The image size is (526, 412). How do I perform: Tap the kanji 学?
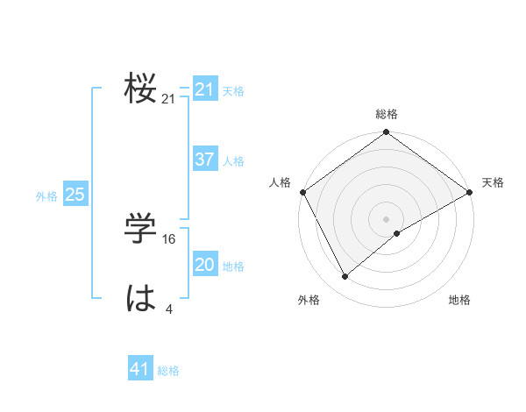[140, 230]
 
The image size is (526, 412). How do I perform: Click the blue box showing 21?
[205, 89]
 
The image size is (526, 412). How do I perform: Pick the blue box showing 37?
[205, 160]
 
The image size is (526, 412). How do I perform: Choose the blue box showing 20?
[205, 265]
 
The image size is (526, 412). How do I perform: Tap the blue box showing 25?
[75, 195]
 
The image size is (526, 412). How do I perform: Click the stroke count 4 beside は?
[168, 309]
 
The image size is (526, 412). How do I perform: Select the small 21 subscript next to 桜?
[168, 100]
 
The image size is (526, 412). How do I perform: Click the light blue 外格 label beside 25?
[46, 196]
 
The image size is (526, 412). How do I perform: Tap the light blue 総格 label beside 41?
[168, 371]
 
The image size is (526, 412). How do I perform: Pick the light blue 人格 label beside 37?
[233, 161]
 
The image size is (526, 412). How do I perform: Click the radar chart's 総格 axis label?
[387, 114]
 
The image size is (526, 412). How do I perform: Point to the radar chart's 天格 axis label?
[493, 182]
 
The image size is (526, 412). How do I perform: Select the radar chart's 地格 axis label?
[459, 300]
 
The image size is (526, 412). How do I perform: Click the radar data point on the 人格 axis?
[303, 191]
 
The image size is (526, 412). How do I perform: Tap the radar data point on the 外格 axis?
[345, 276]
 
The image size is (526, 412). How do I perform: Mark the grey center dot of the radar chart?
[387, 218]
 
